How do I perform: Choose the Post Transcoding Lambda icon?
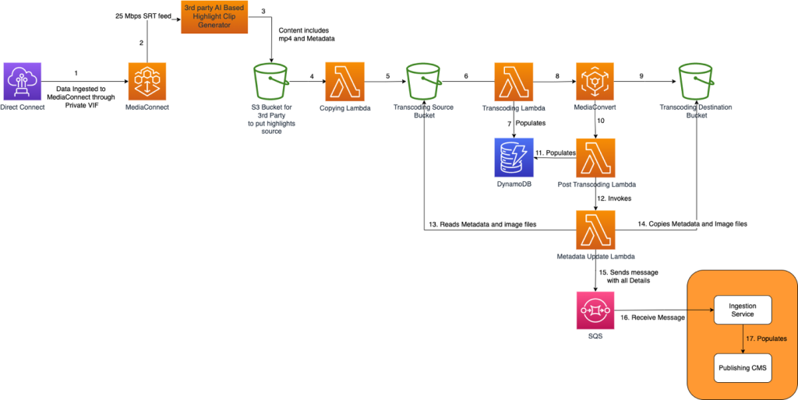click(595, 158)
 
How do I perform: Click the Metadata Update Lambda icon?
click(595, 230)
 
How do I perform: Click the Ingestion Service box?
click(742, 310)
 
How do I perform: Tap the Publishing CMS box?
click(742, 367)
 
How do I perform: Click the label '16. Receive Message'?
click(651, 318)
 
